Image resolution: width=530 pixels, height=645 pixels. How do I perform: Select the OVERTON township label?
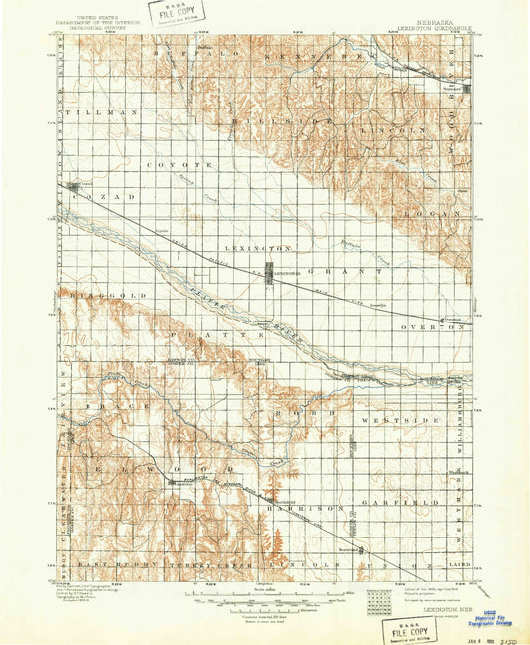pos(429,326)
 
